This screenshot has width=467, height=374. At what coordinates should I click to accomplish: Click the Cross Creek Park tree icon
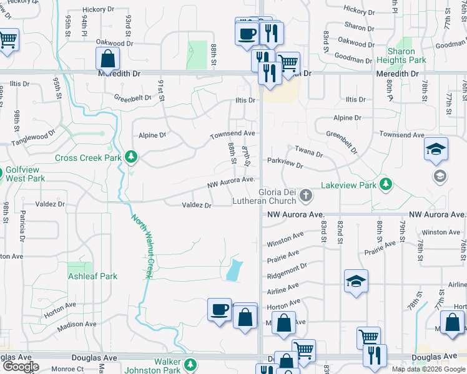[131, 156]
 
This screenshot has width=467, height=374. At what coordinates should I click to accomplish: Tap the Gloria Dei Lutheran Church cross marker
[306, 196]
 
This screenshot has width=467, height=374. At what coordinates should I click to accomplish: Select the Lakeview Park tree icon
[386, 184]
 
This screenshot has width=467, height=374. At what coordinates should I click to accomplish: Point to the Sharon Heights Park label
[401, 56]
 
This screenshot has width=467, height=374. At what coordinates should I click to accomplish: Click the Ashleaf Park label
[92, 276]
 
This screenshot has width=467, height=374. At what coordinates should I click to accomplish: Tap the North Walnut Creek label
[142, 246]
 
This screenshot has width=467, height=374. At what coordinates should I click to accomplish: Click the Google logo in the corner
[21, 367]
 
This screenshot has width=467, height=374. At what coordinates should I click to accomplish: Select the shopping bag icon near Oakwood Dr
[108, 59]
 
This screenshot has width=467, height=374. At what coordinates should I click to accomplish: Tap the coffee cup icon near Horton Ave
[220, 309]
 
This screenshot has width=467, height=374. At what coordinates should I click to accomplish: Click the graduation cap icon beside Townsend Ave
[436, 149]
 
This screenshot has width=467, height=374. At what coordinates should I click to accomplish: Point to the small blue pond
[233, 270]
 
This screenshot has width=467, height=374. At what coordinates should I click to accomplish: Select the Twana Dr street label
[308, 153]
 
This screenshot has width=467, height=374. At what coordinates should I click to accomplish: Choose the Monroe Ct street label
[64, 369]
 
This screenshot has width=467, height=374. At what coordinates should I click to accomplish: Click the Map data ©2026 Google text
[428, 369]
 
